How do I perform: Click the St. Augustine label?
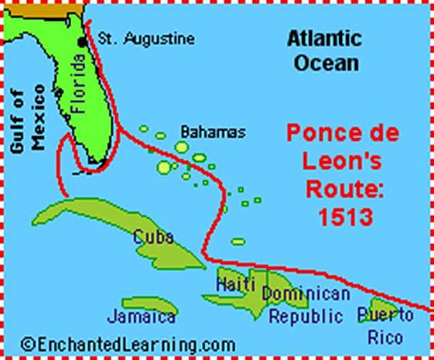click(145, 39)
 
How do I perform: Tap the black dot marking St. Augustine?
click(80, 41)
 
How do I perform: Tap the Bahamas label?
click(212, 132)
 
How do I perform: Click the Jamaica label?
click(142, 317)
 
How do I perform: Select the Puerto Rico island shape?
click(382, 307)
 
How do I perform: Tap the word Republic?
click(306, 316)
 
